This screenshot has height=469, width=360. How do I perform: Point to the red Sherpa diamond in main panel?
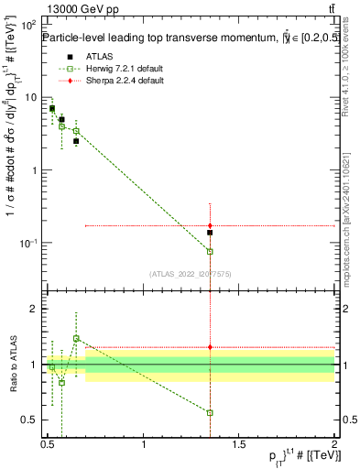point(210,225)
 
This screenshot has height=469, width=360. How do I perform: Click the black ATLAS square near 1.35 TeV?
point(210,233)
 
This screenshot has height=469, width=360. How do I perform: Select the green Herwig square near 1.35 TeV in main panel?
point(210,251)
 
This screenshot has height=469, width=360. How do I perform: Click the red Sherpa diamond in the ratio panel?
point(210,347)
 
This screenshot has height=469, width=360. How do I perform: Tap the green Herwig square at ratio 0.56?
point(210,412)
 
